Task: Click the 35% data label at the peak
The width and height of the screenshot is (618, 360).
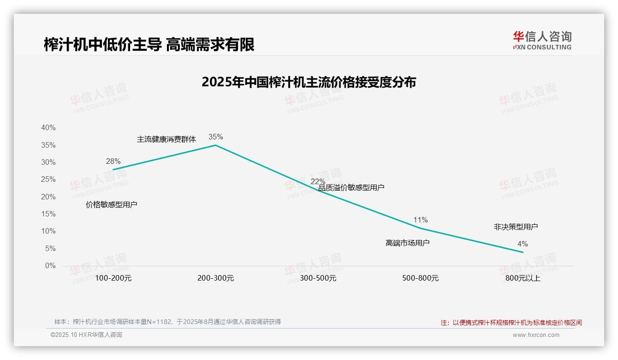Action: tap(215, 137)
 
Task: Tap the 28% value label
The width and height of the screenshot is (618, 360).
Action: tap(113, 161)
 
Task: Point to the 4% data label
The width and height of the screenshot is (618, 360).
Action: tap(523, 244)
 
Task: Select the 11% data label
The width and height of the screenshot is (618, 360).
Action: tap(420, 220)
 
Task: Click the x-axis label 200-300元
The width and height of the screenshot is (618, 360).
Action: tap(215, 278)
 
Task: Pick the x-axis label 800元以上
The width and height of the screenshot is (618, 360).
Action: tap(523, 278)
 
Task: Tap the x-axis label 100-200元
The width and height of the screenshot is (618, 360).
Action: tap(113, 278)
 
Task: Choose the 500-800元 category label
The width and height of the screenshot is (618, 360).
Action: tap(420, 278)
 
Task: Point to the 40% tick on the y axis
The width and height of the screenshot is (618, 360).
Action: tap(48, 127)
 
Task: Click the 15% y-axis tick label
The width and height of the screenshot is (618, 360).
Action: tap(48, 214)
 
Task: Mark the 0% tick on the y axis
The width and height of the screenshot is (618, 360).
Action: tap(50, 265)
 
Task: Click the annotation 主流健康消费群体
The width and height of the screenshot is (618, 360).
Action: tap(166, 139)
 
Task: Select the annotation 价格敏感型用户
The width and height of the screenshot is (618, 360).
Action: tap(112, 204)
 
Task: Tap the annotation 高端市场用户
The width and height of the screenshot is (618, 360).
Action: tap(407, 243)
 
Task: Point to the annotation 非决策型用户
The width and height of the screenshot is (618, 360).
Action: tap(516, 227)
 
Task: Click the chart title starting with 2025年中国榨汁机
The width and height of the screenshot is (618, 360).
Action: tap(309, 82)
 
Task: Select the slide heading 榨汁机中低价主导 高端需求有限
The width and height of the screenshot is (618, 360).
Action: tap(149, 45)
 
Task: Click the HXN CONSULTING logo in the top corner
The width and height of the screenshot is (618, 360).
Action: tap(542, 41)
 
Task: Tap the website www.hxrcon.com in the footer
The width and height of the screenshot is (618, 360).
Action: tap(535, 335)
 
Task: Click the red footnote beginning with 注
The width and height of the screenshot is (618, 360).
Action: tap(511, 323)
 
